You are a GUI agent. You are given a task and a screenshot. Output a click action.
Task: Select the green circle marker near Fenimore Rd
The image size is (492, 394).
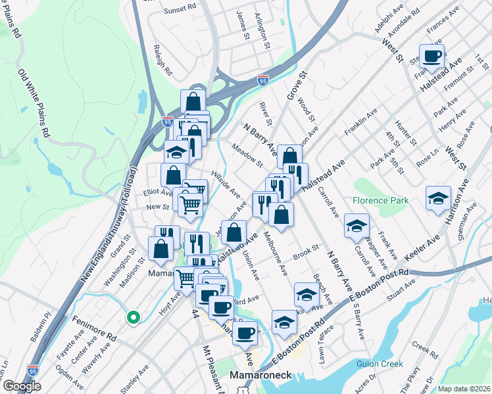[x=134, y=318]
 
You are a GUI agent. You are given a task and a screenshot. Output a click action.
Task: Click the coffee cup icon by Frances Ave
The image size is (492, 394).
[x=431, y=57]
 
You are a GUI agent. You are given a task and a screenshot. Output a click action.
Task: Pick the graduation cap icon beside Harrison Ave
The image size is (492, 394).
[x=438, y=198]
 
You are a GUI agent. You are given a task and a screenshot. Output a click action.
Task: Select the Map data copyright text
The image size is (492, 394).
[x=464, y=389]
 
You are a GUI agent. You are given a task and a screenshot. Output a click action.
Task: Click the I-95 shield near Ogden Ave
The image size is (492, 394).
[x=33, y=371]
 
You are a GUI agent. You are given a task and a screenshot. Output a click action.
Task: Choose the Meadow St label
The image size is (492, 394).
[x=246, y=155]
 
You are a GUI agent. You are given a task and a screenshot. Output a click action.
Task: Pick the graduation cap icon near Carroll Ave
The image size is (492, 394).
[x=356, y=225]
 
